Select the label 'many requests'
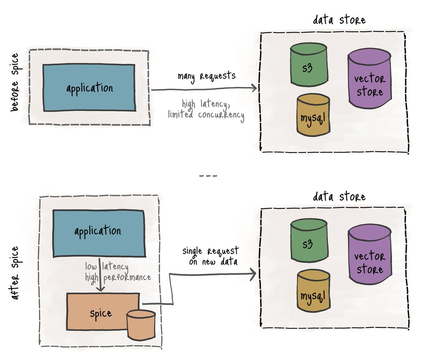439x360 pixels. (x=207, y=76)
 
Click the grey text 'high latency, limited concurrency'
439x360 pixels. (x=206, y=109)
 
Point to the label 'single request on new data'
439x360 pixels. (x=210, y=256)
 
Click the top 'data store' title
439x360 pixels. (x=339, y=20)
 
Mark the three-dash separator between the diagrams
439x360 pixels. (x=208, y=176)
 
